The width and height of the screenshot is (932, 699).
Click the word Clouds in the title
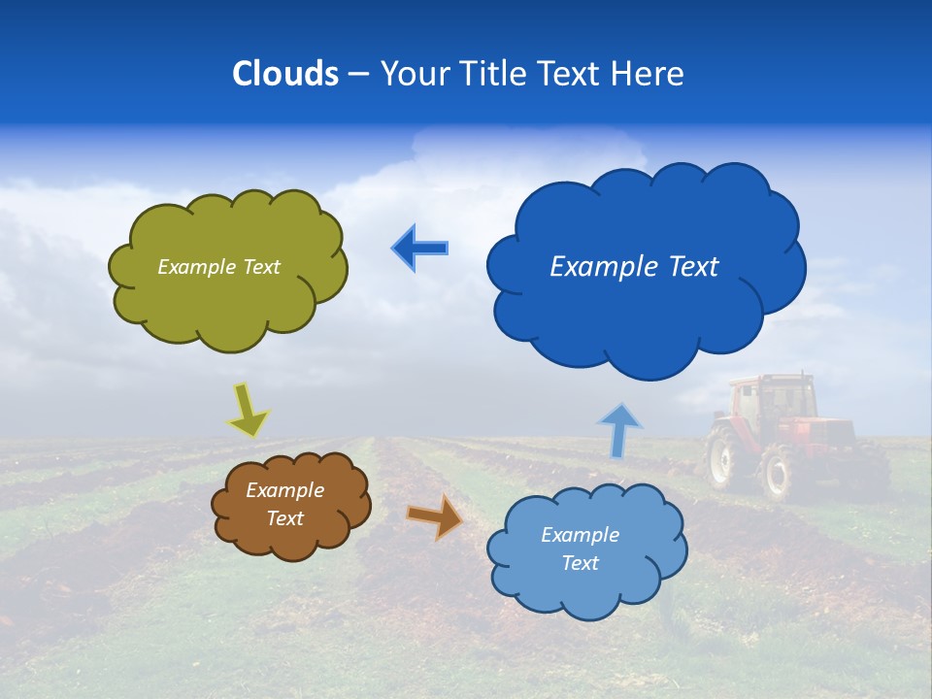coord(285,74)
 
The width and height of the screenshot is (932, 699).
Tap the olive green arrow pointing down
coord(249,411)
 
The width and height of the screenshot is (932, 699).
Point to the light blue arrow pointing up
coord(619,430)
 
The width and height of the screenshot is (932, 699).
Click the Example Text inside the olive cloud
coord(218,267)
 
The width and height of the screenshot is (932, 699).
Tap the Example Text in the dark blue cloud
coord(634,267)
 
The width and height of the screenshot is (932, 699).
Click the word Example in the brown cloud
coord(284,490)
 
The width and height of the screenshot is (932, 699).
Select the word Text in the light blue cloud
coord(580,563)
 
